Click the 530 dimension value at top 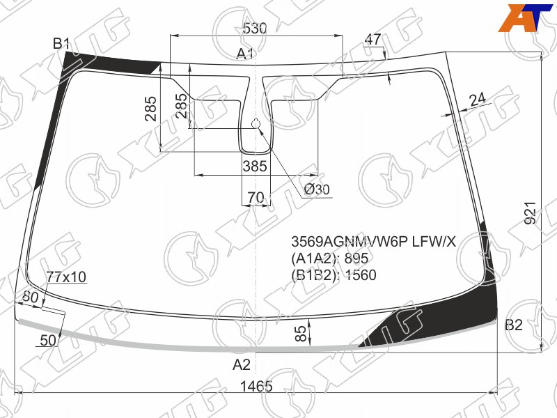pos(254,28)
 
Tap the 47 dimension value pos(372,39)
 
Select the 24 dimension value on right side pos(478,100)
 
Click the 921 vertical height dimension pos(530,213)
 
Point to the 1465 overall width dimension pos(256,386)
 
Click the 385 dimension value pos(255,166)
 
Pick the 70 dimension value pos(256,197)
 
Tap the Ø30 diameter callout pos(317,189)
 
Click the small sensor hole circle pos(256,124)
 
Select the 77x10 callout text pos(66,277)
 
